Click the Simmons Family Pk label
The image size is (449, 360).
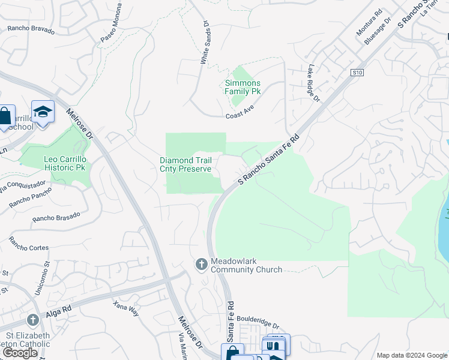[x=243, y=88]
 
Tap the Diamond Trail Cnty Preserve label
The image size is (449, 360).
[x=185, y=164]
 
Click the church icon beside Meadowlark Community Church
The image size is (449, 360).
[x=201, y=264]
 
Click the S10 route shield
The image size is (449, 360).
[x=358, y=73]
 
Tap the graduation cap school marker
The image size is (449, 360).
[x=43, y=112]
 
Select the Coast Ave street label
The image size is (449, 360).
[x=240, y=116]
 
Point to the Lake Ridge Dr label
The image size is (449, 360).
[x=314, y=83]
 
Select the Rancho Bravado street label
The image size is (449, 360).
[x=31, y=29]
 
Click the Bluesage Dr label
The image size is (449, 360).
[x=379, y=30]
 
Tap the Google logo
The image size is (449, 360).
[x=20, y=353]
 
